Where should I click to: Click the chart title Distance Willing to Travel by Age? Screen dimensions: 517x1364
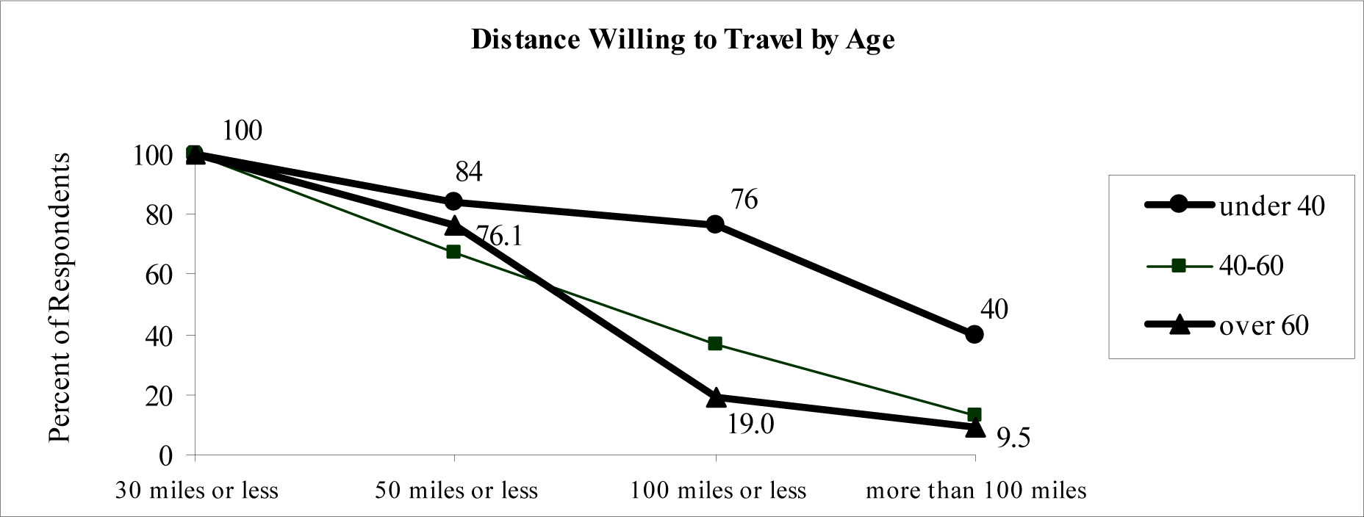682,40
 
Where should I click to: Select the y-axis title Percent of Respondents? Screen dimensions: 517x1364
60,297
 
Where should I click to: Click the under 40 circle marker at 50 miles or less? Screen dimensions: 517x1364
453,201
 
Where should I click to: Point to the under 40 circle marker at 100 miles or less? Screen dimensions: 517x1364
715,224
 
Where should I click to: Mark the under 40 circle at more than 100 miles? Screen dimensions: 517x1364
974,334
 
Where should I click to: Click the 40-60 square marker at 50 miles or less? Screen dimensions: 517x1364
453,252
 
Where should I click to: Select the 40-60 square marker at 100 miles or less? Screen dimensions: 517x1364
715,344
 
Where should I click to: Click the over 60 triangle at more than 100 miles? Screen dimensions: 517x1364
974,427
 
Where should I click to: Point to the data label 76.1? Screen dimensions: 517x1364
499,236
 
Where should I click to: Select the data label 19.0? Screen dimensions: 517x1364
751,425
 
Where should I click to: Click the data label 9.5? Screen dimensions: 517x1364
1013,438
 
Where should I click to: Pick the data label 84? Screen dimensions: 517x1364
469,172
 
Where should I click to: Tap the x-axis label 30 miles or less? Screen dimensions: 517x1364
197,491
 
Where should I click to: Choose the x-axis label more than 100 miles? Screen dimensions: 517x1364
976,491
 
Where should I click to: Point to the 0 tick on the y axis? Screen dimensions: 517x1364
165,456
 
